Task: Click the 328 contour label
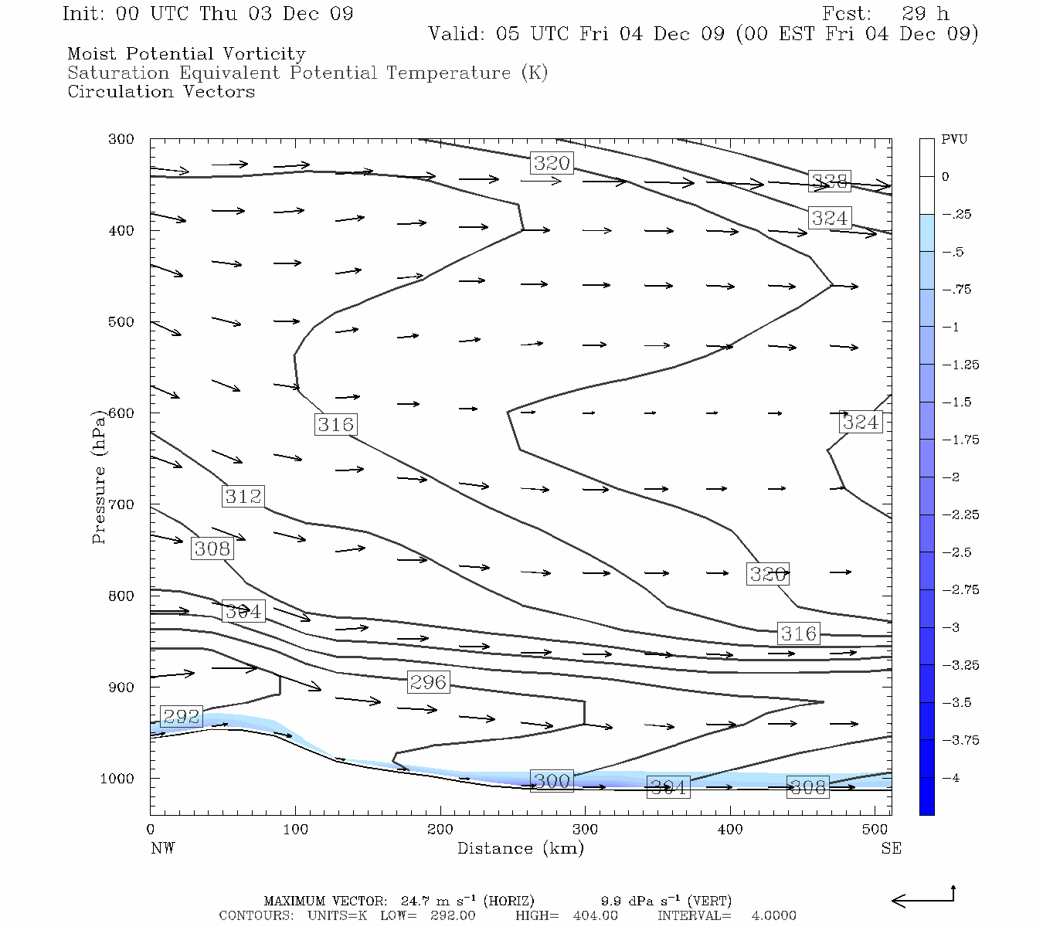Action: pos(830,182)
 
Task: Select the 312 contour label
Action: pos(243,496)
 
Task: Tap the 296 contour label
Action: pos(428,682)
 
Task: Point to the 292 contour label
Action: pos(181,717)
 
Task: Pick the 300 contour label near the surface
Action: pos(552,781)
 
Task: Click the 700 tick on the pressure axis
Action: pos(121,504)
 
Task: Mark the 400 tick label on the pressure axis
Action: pos(121,231)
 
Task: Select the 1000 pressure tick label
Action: pos(117,779)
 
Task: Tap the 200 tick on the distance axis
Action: pos(440,830)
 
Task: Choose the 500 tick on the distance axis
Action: pos(875,830)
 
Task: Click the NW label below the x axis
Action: pos(162,848)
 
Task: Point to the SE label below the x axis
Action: pos(891,848)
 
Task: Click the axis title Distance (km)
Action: pos(520,848)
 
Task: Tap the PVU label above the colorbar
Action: pos(954,140)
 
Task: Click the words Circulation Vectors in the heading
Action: pos(161,92)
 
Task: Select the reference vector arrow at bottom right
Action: pos(923,898)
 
